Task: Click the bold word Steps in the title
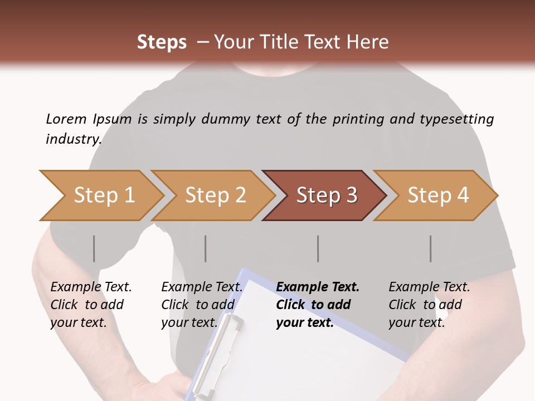point(162,42)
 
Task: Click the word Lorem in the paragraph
point(66,119)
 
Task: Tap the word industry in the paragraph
point(74,139)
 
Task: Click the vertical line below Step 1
point(94,248)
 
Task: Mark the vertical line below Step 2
point(206,248)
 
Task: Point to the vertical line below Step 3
point(318,248)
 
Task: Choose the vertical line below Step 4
point(431,248)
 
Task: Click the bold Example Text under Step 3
point(318,287)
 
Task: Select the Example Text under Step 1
point(91,287)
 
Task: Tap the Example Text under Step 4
point(429,287)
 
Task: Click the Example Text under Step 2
point(202,287)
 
